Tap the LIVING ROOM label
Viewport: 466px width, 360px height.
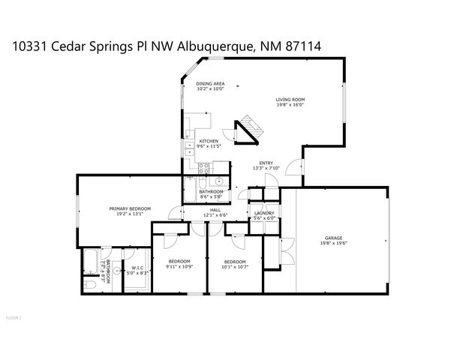(x=290, y=100)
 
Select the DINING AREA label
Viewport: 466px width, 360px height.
(x=210, y=84)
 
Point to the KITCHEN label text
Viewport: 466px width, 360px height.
(x=208, y=141)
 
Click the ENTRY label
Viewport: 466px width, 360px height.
(x=266, y=163)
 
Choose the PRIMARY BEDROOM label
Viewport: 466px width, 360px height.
(x=130, y=208)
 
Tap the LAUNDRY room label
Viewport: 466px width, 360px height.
(x=264, y=213)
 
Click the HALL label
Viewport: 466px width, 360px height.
(x=215, y=210)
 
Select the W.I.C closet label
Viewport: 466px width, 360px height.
(x=137, y=268)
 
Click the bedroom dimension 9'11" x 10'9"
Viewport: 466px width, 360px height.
(x=180, y=266)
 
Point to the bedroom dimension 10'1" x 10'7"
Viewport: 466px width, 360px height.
(x=234, y=266)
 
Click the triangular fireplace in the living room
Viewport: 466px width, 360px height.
(x=248, y=130)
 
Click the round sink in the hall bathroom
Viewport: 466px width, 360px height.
(x=218, y=182)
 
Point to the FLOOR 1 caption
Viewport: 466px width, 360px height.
(x=13, y=318)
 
